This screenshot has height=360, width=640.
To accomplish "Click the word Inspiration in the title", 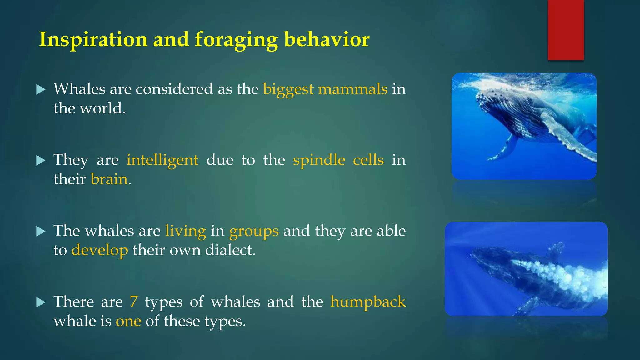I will (93, 40).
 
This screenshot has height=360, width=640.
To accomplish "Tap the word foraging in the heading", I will (236, 40).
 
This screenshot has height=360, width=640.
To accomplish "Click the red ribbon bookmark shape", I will (566, 30).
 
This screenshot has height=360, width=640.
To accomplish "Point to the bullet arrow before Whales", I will (41, 90).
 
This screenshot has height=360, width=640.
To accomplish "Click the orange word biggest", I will (288, 89).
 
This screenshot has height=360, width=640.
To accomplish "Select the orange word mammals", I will (352, 89).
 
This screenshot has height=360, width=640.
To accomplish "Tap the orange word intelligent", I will (162, 160).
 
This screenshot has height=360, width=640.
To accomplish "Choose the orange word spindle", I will (319, 160).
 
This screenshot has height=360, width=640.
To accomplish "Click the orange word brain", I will (109, 179).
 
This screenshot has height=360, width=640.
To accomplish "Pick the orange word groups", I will (254, 231).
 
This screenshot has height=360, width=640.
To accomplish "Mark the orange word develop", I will (100, 250).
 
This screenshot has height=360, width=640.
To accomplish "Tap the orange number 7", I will (133, 302).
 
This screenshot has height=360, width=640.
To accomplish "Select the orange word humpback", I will (368, 302).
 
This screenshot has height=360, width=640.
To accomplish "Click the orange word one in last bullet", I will (128, 321).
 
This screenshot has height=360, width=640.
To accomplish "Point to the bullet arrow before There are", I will (41, 302).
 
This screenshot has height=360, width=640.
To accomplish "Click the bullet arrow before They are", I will (41, 161).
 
